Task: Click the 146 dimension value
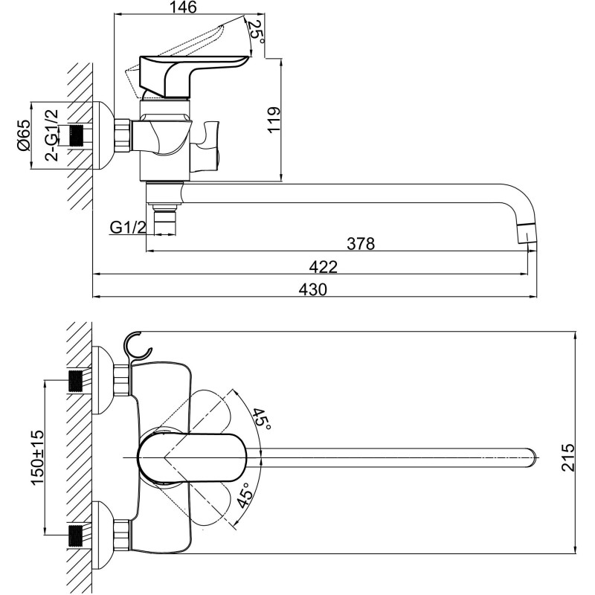pyautogui.click(x=182, y=7)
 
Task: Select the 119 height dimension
pyautogui.click(x=274, y=120)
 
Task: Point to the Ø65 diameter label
pyautogui.click(x=23, y=135)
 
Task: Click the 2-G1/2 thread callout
pyautogui.click(x=52, y=135)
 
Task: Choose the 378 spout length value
pyautogui.click(x=361, y=244)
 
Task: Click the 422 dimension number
pyautogui.click(x=324, y=267)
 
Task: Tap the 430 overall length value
pyautogui.click(x=313, y=289)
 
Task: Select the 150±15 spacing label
pyautogui.click(x=38, y=457)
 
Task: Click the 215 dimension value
pyautogui.click(x=568, y=457)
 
